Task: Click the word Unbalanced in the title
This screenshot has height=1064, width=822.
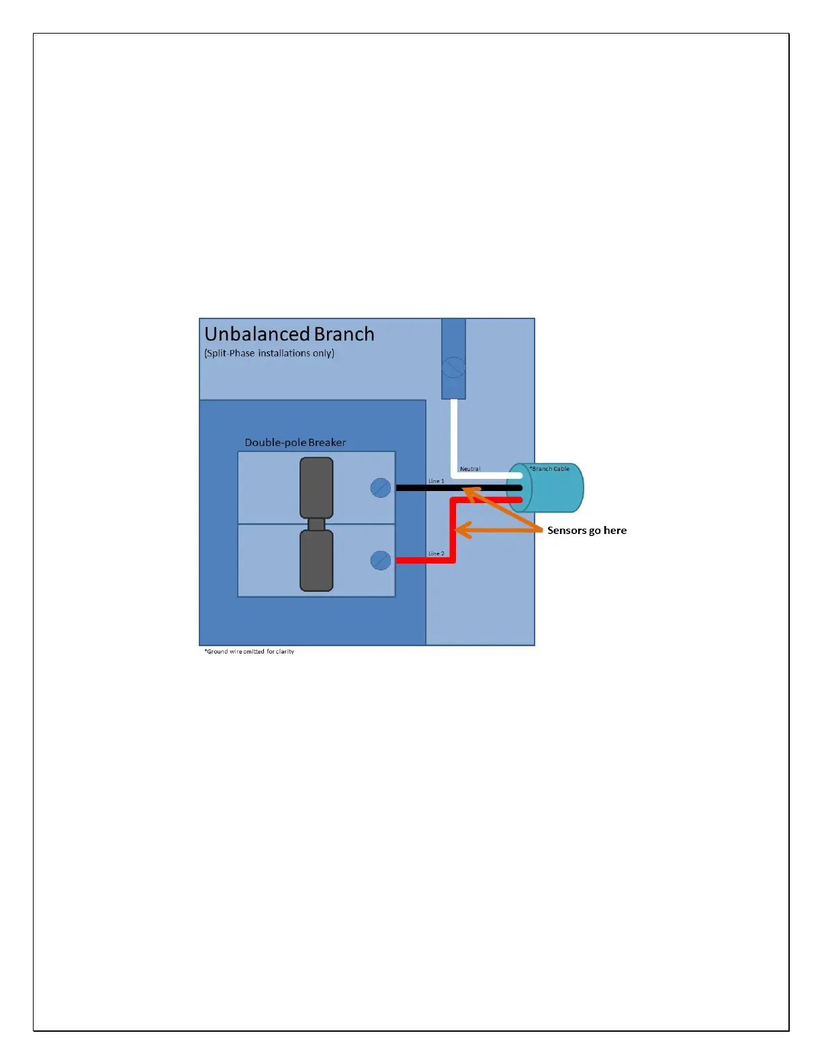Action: pyautogui.click(x=257, y=335)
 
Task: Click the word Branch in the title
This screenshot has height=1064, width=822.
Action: pyautogui.click(x=344, y=335)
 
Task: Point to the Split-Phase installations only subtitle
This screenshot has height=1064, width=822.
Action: pyautogui.click(x=269, y=353)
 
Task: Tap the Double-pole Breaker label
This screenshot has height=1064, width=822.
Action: pyautogui.click(x=295, y=443)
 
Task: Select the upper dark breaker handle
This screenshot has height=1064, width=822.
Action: pyautogui.click(x=316, y=487)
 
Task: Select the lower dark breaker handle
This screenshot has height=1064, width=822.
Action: pyautogui.click(x=316, y=561)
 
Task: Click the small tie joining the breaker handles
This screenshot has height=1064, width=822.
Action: pyautogui.click(x=316, y=524)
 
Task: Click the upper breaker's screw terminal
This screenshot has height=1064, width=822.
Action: pyautogui.click(x=381, y=488)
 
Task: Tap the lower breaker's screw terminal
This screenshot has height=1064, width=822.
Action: pyautogui.click(x=381, y=560)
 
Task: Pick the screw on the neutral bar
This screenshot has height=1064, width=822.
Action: pyautogui.click(x=453, y=368)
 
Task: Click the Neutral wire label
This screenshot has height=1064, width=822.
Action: pyautogui.click(x=470, y=469)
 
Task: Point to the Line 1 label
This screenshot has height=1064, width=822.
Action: pyautogui.click(x=437, y=481)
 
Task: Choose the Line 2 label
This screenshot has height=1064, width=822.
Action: pyautogui.click(x=437, y=553)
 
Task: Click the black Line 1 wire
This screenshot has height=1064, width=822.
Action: pyautogui.click(x=423, y=488)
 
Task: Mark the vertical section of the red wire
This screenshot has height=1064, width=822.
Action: pyautogui.click(x=453, y=537)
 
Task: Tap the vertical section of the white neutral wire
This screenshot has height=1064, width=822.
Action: pyautogui.click(x=454, y=437)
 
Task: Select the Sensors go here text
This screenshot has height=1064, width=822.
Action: pyautogui.click(x=587, y=531)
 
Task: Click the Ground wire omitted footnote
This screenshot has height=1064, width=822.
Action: pyautogui.click(x=249, y=652)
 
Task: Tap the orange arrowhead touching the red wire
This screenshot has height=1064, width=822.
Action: pyautogui.click(x=459, y=530)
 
